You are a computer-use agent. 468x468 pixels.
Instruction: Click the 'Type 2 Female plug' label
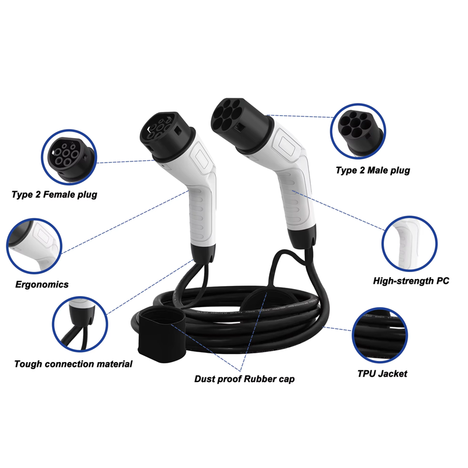(54, 194)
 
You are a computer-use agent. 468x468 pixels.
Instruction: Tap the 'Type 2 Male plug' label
(373, 170)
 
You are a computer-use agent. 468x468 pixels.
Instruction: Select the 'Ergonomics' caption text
(42, 284)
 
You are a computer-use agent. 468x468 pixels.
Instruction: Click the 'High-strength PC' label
(411, 281)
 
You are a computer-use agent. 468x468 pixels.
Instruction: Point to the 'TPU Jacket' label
(382, 373)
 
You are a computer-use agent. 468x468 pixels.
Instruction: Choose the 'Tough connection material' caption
(73, 364)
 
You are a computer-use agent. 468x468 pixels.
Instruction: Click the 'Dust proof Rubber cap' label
(245, 379)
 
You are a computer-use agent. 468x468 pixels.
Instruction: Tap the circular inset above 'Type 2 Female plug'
(68, 154)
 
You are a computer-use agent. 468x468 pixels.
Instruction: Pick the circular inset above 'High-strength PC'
(409, 242)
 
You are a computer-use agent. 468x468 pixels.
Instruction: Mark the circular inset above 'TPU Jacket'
(380, 335)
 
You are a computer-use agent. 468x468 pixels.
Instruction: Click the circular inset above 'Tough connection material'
(80, 322)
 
